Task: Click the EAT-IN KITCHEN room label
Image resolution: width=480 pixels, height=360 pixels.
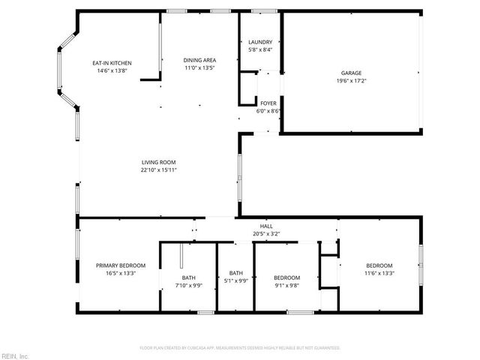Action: tap(112, 63)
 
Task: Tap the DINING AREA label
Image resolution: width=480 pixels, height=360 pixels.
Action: tap(200, 60)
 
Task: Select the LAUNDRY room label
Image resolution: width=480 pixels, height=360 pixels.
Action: tap(260, 42)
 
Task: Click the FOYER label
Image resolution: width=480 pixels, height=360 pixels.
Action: tap(268, 103)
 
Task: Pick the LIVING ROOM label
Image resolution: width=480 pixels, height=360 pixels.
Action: tap(158, 162)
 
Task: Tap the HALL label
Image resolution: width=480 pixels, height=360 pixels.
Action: tap(266, 226)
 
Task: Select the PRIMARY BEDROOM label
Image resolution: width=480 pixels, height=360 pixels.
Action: tap(121, 265)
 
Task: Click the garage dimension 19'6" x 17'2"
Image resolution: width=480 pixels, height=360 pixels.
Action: tap(351, 80)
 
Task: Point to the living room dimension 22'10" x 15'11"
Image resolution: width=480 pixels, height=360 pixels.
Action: tap(158, 169)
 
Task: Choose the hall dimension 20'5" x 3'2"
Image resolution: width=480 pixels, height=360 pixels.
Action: tap(266, 233)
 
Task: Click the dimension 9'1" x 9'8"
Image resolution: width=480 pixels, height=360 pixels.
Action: tap(287, 285)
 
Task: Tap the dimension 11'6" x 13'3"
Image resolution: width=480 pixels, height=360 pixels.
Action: tap(379, 273)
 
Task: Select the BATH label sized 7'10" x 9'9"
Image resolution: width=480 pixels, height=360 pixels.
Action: tap(188, 277)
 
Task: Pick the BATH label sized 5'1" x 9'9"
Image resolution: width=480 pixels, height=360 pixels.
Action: tap(236, 273)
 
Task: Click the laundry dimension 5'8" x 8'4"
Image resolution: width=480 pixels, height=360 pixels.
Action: tap(260, 49)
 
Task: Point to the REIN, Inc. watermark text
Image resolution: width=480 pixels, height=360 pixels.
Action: tap(15, 355)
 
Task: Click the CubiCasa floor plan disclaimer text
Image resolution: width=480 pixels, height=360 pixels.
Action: tap(240, 348)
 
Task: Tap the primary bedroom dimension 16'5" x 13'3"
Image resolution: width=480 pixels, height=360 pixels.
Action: tap(121, 273)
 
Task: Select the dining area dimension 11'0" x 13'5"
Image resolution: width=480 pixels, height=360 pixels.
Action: tap(200, 67)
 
